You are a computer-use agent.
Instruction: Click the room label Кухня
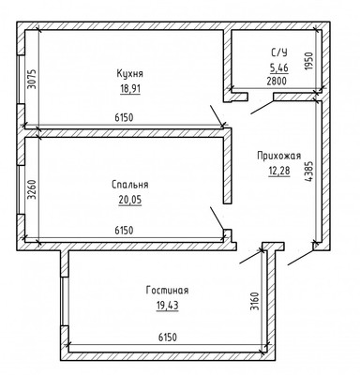129,74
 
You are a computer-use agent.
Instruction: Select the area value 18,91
130,89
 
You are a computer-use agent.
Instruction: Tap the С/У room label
279,52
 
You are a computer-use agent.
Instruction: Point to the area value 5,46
279,67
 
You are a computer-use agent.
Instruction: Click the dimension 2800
277,82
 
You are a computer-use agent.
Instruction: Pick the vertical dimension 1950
308,61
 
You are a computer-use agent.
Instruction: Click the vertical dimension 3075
32,79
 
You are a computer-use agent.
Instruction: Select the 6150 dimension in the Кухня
124,117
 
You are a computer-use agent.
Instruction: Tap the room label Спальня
130,185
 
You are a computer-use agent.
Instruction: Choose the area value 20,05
130,200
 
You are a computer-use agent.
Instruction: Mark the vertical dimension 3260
32,189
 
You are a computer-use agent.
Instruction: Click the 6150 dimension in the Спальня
124,231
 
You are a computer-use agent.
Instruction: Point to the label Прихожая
279,156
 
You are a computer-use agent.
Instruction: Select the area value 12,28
279,171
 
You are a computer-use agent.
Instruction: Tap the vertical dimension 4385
308,172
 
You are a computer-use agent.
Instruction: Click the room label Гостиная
167,291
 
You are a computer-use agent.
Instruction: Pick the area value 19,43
168,306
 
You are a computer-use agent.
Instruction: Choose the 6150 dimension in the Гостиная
168,337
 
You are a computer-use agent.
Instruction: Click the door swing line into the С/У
262,107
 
